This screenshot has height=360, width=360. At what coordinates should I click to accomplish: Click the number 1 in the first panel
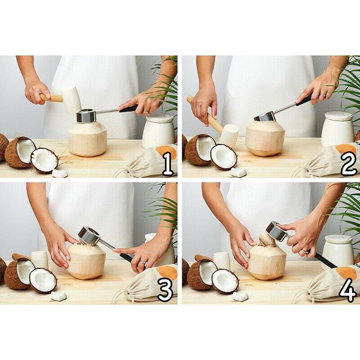[168, 164]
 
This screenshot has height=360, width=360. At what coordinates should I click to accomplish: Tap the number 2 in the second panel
[349, 163]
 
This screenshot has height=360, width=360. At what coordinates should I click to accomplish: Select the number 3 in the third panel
[165, 290]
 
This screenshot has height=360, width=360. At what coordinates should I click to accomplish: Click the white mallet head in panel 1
[72, 100]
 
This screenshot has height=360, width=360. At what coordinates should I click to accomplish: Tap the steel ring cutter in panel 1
[86, 117]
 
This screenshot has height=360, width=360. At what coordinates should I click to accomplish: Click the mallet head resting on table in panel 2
[229, 136]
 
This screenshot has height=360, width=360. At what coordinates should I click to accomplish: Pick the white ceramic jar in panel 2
[337, 129]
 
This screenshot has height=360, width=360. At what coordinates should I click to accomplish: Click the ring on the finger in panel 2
[323, 94]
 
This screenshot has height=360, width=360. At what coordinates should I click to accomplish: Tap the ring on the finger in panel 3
[143, 262]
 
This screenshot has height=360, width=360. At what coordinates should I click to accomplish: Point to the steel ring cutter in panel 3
[89, 235]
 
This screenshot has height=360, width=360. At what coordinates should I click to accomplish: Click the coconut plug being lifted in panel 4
[266, 239]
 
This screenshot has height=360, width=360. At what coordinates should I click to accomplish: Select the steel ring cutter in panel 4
[276, 230]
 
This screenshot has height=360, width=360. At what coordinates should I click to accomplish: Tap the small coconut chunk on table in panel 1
[60, 173]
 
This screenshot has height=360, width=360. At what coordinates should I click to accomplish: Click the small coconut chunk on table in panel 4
[240, 296]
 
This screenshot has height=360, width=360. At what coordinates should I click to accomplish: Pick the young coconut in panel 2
[265, 139]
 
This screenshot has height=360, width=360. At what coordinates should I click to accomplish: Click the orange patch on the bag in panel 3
[167, 272]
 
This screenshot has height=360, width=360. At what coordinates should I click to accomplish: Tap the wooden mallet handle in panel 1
[52, 98]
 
